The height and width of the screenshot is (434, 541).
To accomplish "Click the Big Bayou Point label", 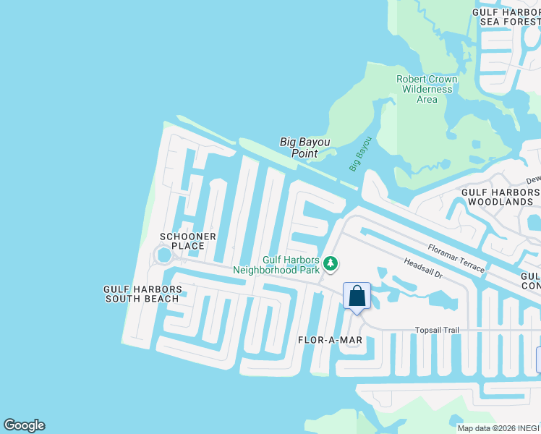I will point(299,148).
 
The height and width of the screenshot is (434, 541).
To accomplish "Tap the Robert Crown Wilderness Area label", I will point(427,89).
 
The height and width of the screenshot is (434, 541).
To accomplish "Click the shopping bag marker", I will point(357,296).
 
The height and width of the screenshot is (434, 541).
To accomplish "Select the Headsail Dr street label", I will point(423,271).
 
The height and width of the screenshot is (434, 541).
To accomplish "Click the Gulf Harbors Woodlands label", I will point(500,197).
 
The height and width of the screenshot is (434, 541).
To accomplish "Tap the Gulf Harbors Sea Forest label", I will point(506,17).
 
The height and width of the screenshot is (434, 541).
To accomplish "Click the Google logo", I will point(24,425).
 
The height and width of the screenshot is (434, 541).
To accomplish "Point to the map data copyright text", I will point(498,428).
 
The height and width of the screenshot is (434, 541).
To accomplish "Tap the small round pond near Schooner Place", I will point(163,255).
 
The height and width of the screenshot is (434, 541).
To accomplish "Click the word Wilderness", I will point(427,89).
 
